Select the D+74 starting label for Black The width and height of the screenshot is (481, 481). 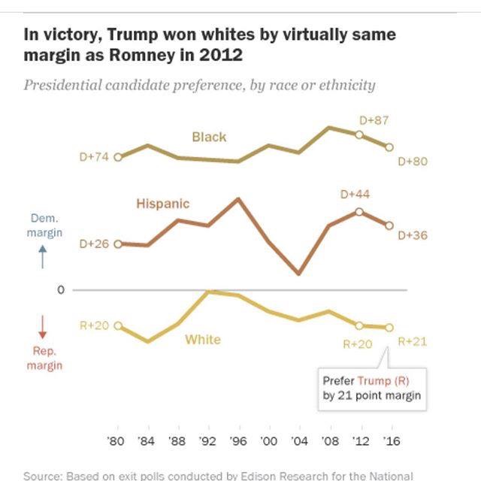(x=93, y=157)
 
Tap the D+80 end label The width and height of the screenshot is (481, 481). (x=413, y=161)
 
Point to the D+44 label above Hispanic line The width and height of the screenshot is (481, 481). (x=355, y=195)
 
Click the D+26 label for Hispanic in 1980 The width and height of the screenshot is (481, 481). (x=93, y=244)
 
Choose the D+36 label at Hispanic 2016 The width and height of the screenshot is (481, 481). (x=413, y=236)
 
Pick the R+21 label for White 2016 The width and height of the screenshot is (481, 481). (x=412, y=341)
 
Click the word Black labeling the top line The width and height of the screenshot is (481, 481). (x=209, y=137)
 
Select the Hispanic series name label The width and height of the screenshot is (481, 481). (x=162, y=203)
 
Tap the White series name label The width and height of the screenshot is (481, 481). (x=203, y=340)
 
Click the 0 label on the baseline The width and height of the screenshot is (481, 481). (x=62, y=290)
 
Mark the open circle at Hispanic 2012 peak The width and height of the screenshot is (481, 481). (x=359, y=211)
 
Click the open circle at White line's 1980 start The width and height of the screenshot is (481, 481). (x=118, y=325)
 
